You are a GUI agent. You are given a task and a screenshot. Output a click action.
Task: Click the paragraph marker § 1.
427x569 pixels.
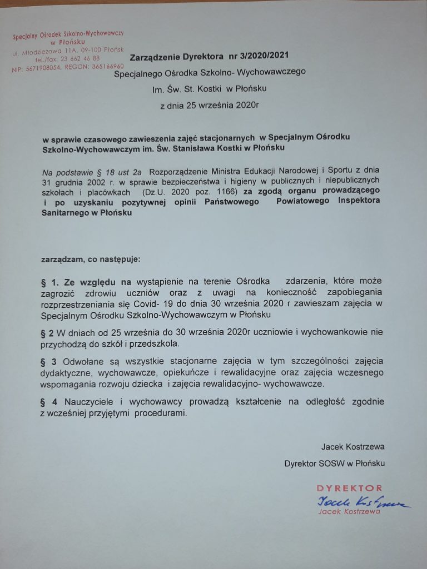point(49,281)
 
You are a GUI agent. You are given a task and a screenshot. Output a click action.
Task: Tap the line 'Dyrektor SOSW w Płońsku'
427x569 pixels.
point(334,463)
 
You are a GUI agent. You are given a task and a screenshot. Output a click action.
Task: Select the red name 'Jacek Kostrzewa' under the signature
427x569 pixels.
point(349,512)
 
